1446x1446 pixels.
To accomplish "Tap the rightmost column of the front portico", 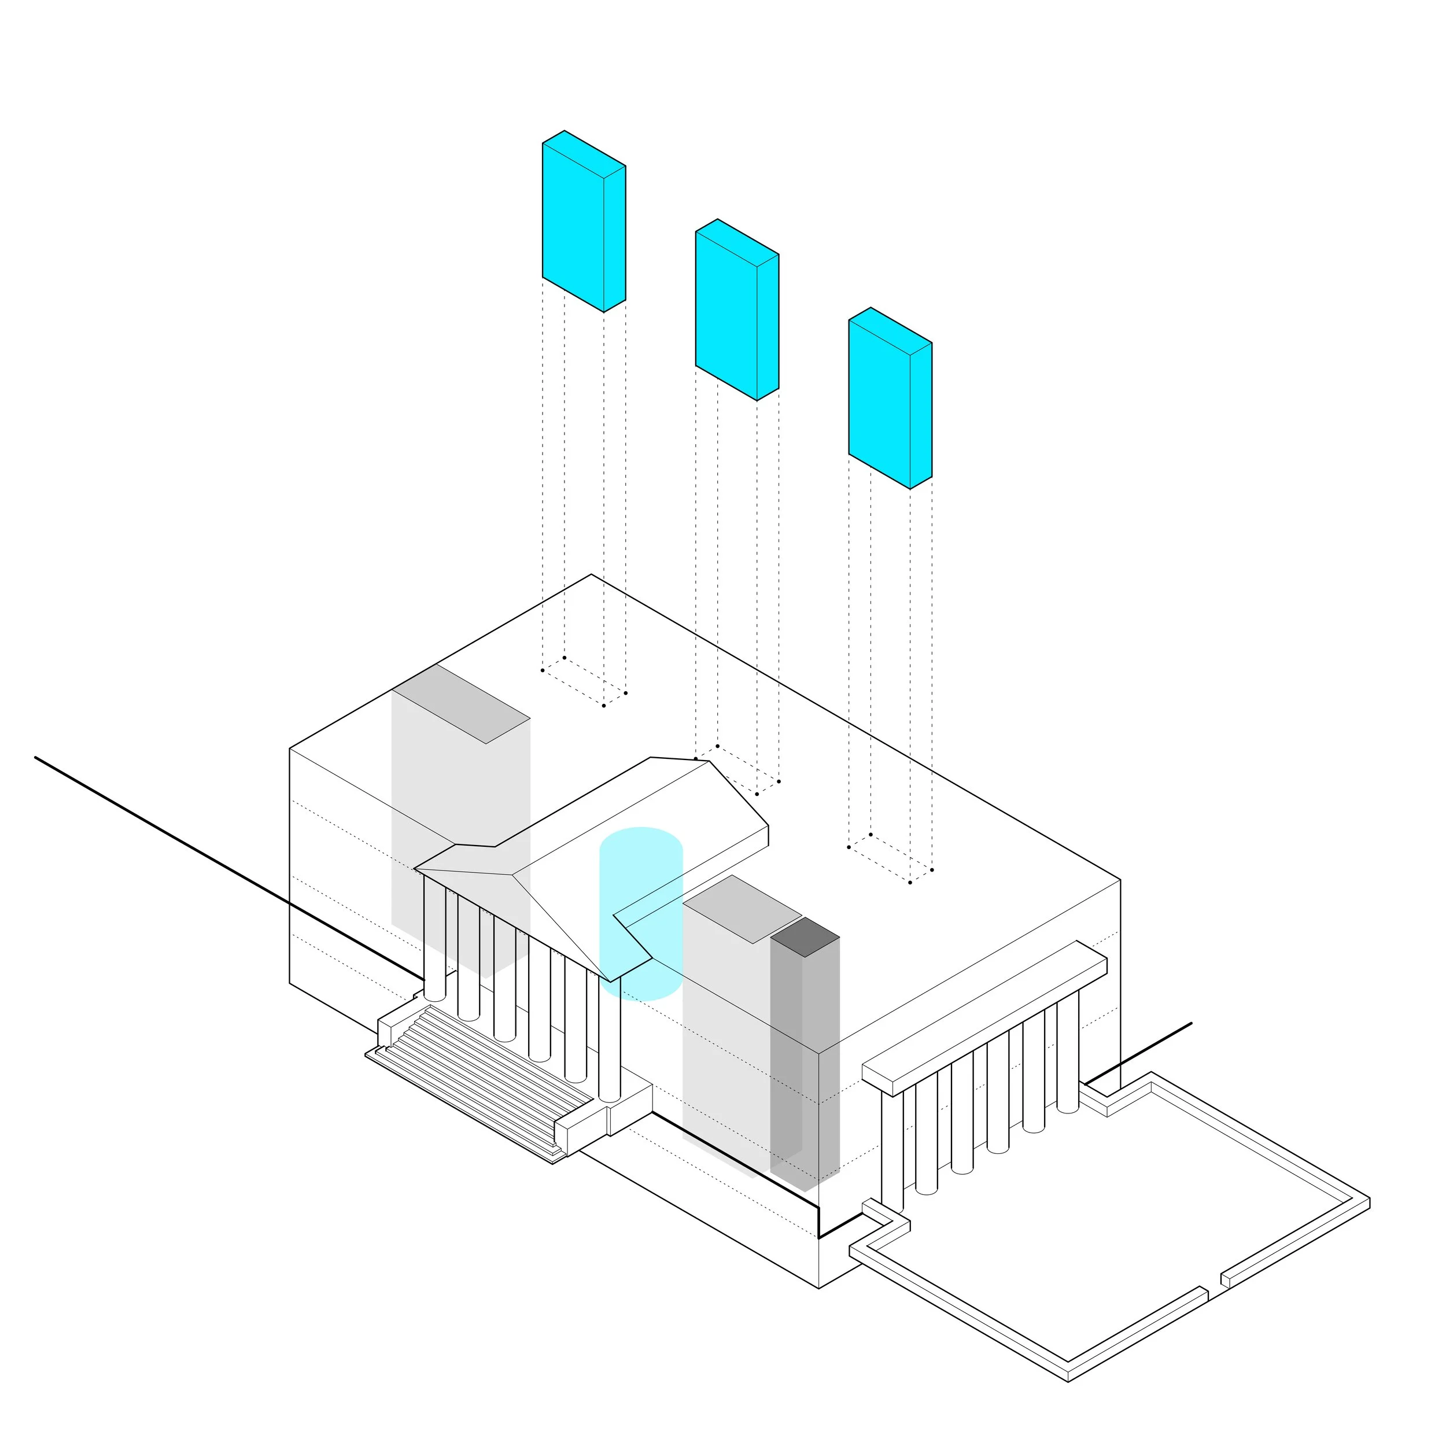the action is (610, 1041).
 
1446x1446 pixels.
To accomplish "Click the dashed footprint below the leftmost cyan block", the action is (584, 682).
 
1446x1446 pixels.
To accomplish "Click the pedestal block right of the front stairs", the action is (629, 1108).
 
